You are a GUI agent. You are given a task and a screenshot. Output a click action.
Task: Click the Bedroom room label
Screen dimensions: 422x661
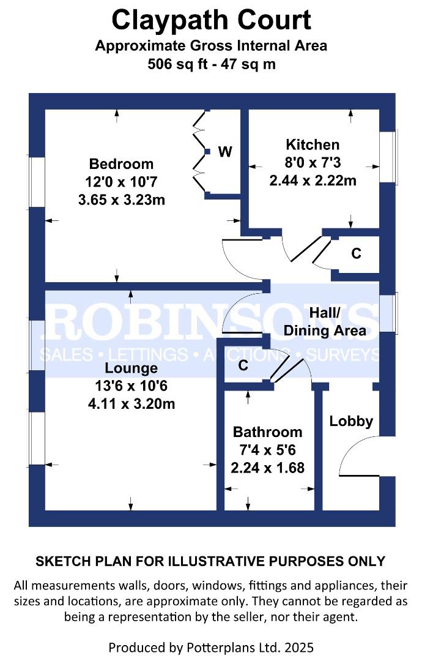click(x=121, y=163)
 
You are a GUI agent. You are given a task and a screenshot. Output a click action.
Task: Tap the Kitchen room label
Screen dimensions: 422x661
click(x=313, y=144)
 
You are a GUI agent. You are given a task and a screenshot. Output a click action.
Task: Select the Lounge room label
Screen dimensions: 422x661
click(x=131, y=368)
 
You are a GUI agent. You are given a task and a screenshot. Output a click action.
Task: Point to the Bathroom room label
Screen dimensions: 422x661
click(x=267, y=432)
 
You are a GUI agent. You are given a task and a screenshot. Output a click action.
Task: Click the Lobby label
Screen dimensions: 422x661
click(x=351, y=421)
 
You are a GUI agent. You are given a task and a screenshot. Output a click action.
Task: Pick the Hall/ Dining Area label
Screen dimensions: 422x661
click(x=325, y=322)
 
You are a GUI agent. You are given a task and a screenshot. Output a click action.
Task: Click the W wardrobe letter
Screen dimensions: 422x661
click(x=225, y=151)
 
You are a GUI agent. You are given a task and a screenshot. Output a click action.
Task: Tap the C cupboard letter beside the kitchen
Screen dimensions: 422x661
click(x=357, y=253)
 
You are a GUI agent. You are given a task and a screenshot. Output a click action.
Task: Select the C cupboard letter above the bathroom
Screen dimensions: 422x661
click(x=243, y=365)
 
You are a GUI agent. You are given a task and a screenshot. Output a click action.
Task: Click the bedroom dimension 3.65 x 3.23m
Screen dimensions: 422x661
click(x=122, y=200)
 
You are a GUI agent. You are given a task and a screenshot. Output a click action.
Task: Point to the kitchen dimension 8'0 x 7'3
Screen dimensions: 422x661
click(x=313, y=162)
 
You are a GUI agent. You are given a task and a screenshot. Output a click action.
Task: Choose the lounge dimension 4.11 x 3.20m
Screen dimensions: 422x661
click(x=131, y=404)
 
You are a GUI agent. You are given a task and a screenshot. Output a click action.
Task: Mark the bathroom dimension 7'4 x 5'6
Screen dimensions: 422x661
click(x=267, y=450)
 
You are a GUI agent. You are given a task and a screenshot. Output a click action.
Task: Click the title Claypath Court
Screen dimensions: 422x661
click(x=212, y=20)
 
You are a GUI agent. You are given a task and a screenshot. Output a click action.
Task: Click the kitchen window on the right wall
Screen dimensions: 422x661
click(x=389, y=157)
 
